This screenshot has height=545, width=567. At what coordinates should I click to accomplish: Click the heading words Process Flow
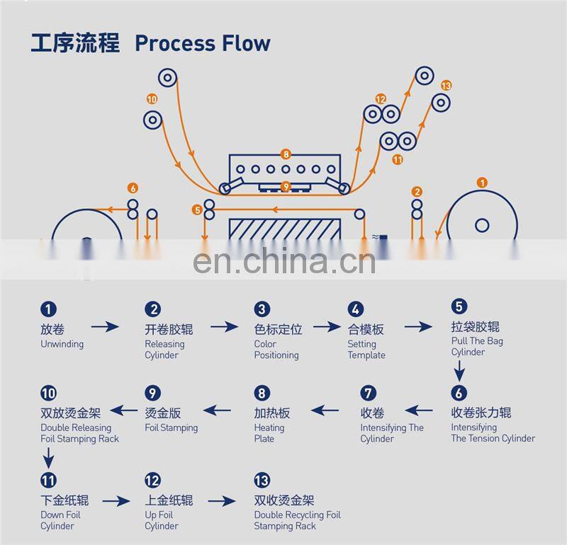(x=202, y=43)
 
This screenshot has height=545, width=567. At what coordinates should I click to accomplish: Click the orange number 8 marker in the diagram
(x=286, y=154)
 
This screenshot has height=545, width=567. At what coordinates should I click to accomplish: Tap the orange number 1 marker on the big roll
(x=482, y=183)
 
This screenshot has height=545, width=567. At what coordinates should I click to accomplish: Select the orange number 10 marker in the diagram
(x=152, y=99)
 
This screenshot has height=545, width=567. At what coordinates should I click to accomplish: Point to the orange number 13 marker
(x=446, y=86)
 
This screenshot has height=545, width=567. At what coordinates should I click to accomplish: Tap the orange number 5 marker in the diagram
(x=196, y=210)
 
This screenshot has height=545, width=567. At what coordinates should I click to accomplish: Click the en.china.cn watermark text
(x=283, y=262)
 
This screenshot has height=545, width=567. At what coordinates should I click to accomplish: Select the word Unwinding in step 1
(x=62, y=345)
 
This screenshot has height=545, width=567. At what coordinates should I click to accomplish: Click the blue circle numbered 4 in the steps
(x=355, y=309)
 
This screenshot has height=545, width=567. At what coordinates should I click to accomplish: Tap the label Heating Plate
(x=269, y=433)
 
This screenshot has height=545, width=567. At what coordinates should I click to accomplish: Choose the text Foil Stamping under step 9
(x=171, y=428)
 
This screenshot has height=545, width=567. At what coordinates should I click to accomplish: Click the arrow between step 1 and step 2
(x=105, y=326)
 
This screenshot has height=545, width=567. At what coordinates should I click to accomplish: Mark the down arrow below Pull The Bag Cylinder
(x=459, y=370)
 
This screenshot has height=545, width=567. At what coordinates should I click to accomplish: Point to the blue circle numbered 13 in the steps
(x=262, y=481)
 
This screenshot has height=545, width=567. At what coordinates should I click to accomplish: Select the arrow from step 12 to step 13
(x=221, y=501)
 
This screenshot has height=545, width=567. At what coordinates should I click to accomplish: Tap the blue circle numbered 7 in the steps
(x=367, y=394)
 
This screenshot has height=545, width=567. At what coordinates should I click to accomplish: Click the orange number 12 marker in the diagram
(x=381, y=99)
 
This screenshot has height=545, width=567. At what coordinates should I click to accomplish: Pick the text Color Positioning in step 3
(x=276, y=350)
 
